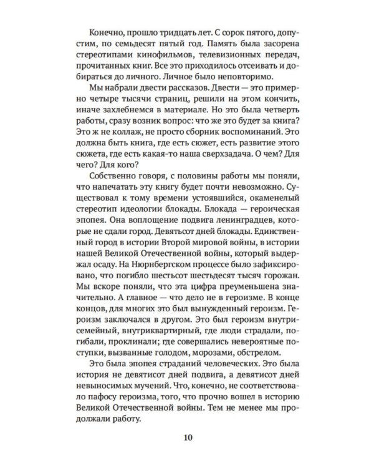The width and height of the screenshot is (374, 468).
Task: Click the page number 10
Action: point(188,437)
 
